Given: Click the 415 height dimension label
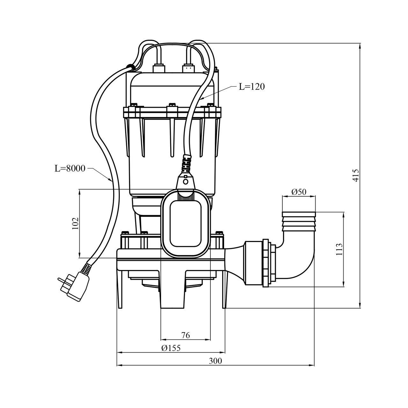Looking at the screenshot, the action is (x=356, y=176).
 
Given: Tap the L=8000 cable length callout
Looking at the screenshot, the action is (x=70, y=168).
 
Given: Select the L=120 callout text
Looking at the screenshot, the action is (x=252, y=87).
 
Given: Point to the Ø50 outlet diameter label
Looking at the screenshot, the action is (x=299, y=192).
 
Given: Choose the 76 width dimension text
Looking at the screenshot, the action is (x=186, y=335).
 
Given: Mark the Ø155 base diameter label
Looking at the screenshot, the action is (x=171, y=348).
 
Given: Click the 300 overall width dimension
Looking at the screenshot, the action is (x=215, y=361).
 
